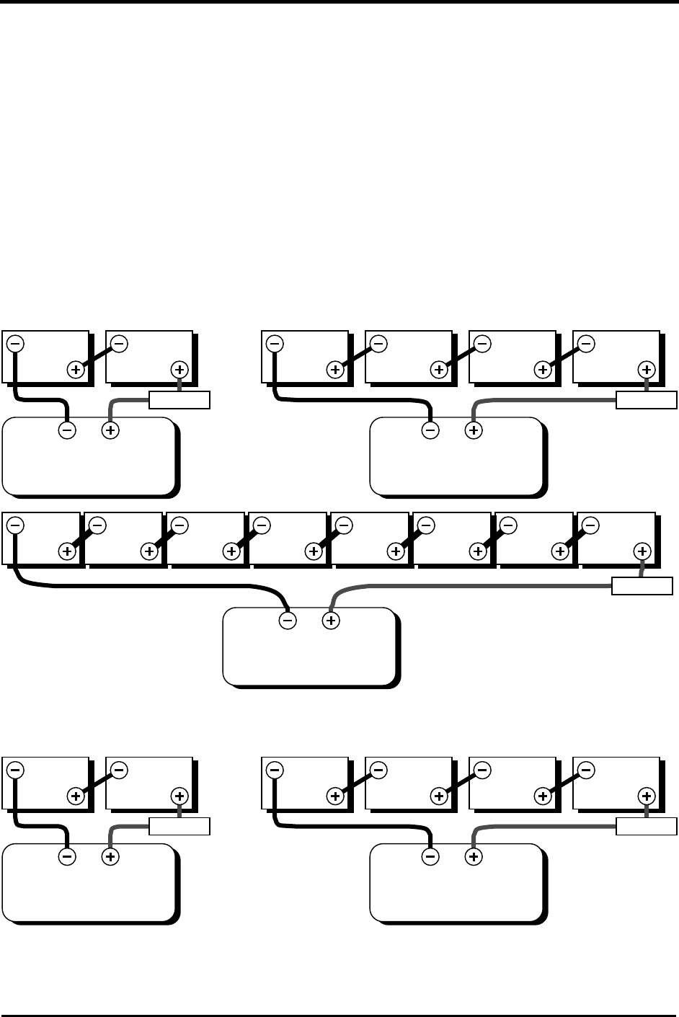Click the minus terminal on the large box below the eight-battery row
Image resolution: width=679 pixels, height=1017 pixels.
tap(287, 620)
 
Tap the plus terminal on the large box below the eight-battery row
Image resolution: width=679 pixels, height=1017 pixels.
tap(330, 620)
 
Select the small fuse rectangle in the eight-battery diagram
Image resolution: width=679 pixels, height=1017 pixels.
tap(642, 586)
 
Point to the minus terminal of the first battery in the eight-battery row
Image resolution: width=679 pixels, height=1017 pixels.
tap(17, 525)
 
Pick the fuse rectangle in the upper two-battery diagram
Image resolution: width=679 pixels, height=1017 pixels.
tap(179, 399)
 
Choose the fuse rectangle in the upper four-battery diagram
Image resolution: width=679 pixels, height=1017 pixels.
tap(647, 399)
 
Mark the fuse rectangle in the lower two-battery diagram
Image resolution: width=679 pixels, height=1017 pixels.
tap(179, 826)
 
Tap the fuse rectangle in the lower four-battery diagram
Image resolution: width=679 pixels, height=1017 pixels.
tap(647, 826)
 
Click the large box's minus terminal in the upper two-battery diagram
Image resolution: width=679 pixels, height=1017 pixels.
tap(66, 431)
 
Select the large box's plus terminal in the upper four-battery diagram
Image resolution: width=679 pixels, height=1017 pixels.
tap(473, 431)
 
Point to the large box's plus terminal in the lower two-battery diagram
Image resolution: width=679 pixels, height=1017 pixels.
tap(110, 858)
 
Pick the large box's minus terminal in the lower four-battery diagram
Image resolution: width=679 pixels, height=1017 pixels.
tap(430, 858)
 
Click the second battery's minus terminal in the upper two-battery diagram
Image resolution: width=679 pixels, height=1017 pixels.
tap(120, 344)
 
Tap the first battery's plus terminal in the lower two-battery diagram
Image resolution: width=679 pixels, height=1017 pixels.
tap(76, 796)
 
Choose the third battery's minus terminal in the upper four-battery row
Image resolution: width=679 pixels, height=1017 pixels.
tap(482, 344)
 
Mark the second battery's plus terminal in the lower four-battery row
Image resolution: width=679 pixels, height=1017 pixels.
tap(439, 796)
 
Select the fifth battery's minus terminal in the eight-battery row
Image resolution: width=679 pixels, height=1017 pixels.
tap(344, 525)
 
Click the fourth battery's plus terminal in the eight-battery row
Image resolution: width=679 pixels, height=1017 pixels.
tap(314, 551)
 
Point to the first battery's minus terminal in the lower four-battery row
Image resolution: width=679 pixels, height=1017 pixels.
tap(274, 770)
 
